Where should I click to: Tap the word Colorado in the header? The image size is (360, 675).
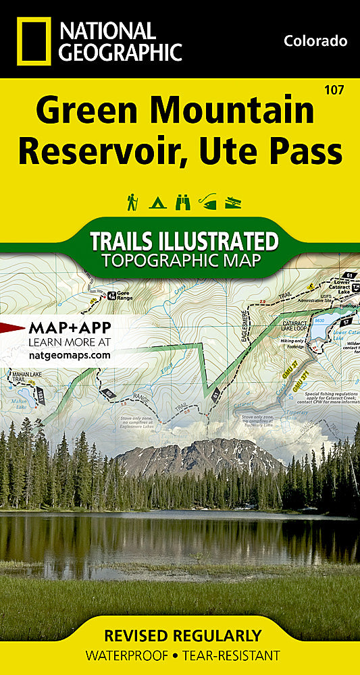tap(315, 41)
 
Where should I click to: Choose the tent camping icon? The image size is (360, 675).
tap(157, 202)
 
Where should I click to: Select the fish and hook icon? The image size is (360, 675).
tap(208, 202)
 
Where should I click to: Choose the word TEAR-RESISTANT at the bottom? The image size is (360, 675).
tap(230, 654)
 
